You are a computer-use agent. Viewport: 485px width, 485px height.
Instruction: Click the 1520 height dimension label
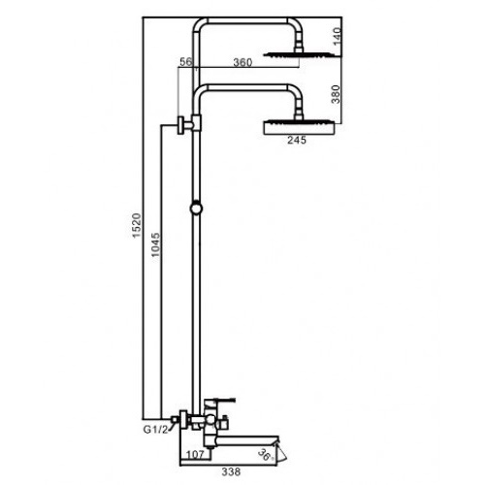tap(137, 225)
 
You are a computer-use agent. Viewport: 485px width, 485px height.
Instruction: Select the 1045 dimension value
tap(155, 244)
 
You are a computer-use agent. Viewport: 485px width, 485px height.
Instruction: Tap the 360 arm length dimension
tap(242, 62)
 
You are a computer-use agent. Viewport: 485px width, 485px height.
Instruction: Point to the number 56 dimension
tap(185, 61)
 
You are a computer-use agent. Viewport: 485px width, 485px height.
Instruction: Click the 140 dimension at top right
tap(337, 37)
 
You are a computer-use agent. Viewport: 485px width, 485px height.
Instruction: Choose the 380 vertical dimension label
tap(337, 94)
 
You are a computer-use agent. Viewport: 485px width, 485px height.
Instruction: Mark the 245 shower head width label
tap(297, 140)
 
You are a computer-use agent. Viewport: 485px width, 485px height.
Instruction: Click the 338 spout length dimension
tap(231, 471)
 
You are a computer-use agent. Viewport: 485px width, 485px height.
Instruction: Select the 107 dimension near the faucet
tap(195, 454)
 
